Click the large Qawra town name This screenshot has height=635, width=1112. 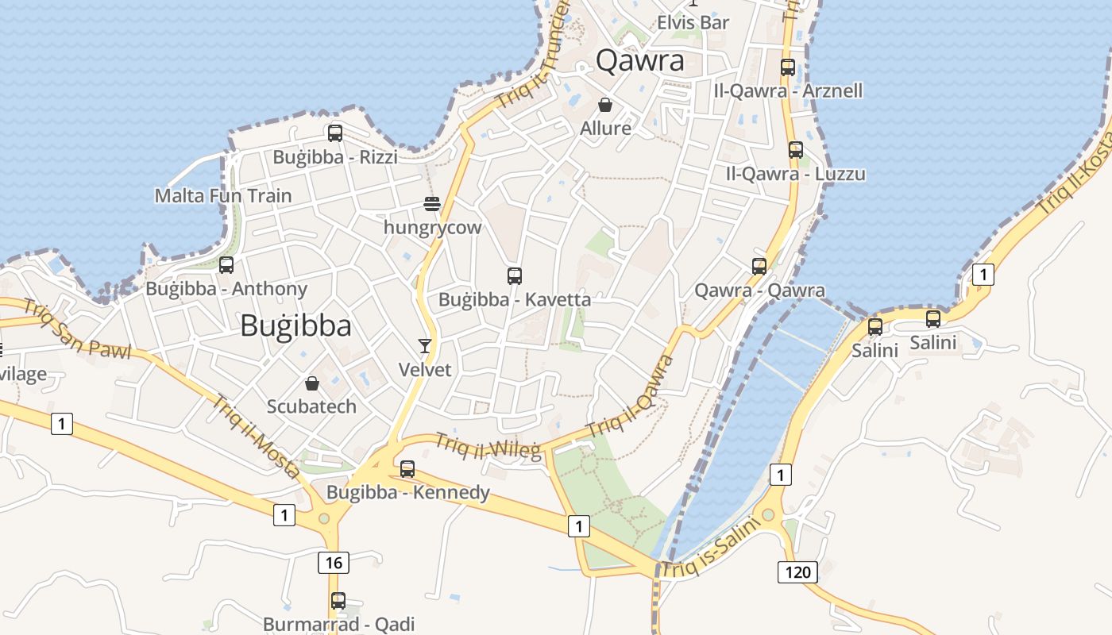(639, 60)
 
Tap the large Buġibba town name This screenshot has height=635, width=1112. (295, 325)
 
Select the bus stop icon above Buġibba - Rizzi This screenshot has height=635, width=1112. (335, 133)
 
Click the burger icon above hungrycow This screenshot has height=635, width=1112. (432, 204)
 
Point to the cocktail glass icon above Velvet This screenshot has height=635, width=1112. (425, 345)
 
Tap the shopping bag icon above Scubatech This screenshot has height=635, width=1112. (312, 383)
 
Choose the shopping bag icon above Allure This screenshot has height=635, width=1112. (605, 105)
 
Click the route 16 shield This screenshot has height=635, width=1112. (334, 563)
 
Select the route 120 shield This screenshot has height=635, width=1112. (797, 571)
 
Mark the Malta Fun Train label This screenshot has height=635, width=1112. (223, 195)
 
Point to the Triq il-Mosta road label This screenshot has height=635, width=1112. (254, 436)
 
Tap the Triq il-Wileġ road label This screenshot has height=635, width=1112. (488, 446)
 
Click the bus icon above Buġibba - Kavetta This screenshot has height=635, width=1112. (515, 276)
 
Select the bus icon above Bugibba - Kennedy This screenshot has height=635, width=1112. (407, 469)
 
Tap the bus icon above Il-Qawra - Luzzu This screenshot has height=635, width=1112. (795, 150)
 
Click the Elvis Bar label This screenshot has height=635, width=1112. (693, 23)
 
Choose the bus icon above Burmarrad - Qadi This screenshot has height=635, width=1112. (338, 601)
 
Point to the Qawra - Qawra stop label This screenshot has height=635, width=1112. (759, 291)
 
